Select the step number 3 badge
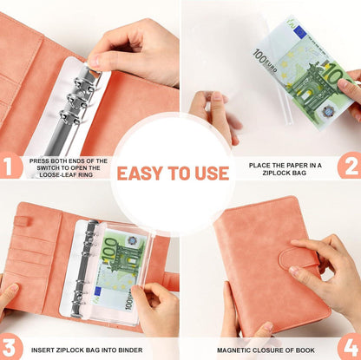tap(10, 346)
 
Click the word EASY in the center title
tap(140, 173)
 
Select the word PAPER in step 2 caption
tap(293, 166)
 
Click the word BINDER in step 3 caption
tap(132, 350)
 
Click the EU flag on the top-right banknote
tap(299, 31)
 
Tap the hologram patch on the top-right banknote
tap(328, 111)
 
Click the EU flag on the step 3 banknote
tap(98, 292)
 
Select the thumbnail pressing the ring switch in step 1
tap(93, 62)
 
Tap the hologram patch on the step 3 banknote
tap(133, 240)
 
